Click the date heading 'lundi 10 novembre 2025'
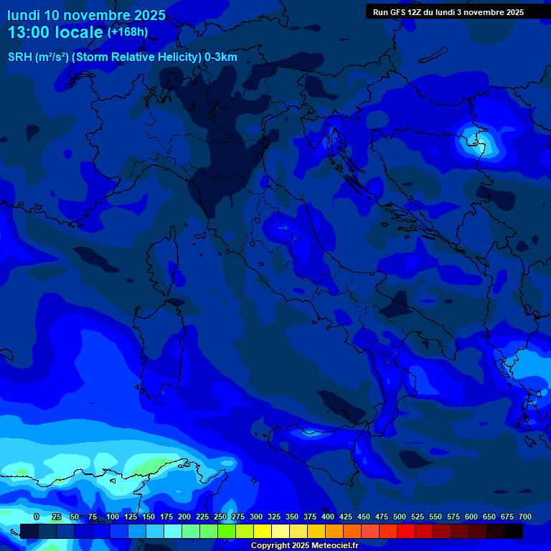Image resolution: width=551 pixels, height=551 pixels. point(86,15)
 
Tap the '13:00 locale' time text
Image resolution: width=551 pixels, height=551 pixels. point(55,32)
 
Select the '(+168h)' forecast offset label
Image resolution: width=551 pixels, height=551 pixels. point(128,32)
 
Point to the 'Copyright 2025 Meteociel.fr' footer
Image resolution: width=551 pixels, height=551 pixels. point(305,545)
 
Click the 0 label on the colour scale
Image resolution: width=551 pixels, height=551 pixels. point(37,517)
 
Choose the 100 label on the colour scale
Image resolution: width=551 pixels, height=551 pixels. point(113,517)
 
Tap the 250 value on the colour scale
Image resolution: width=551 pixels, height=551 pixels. point(220,517)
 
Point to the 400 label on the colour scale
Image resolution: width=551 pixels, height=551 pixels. point(328,517)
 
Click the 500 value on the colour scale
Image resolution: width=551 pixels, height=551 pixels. point(400,517)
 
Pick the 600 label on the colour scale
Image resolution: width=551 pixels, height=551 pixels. point(471,517)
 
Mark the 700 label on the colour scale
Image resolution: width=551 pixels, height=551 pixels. point(524,517)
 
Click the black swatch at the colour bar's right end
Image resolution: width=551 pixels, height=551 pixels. point(514,531)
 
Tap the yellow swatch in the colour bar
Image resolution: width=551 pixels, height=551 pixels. point(263,531)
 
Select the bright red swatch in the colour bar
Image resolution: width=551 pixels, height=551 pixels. point(406,531)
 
